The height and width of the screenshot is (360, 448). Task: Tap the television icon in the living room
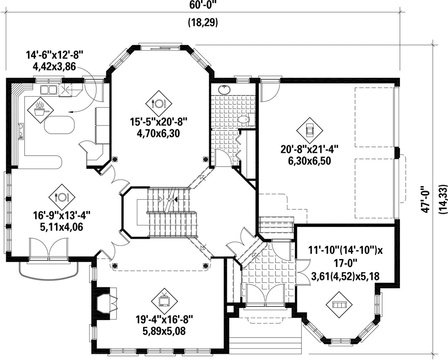164,301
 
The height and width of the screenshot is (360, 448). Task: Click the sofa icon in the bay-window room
340,305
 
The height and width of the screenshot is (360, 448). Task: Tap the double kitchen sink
48,90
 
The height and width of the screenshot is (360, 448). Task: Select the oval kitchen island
60,125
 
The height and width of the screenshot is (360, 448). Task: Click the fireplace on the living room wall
104,303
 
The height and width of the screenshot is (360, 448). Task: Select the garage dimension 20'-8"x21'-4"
310,149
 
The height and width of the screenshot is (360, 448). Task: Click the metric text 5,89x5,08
164,331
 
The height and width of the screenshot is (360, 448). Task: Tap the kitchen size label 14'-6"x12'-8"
55,54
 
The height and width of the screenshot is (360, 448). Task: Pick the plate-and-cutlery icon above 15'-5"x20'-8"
158,103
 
